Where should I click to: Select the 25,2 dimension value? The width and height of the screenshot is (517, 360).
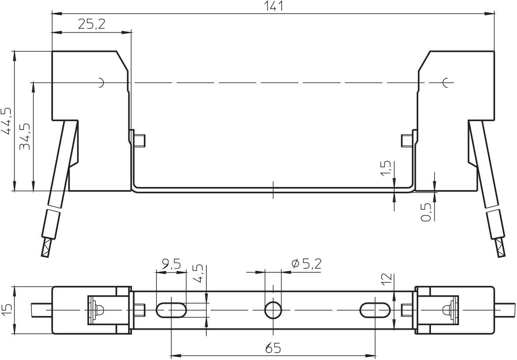point(92,24)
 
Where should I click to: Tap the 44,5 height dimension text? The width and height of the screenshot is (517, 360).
point(6,121)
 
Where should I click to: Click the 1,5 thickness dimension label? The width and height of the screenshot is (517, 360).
point(386,168)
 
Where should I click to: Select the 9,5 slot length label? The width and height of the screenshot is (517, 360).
point(171,264)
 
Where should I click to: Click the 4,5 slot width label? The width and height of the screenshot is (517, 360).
point(198,273)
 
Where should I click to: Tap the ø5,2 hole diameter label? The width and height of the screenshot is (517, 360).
point(307,264)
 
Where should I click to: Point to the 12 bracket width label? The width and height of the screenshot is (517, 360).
point(387,279)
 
